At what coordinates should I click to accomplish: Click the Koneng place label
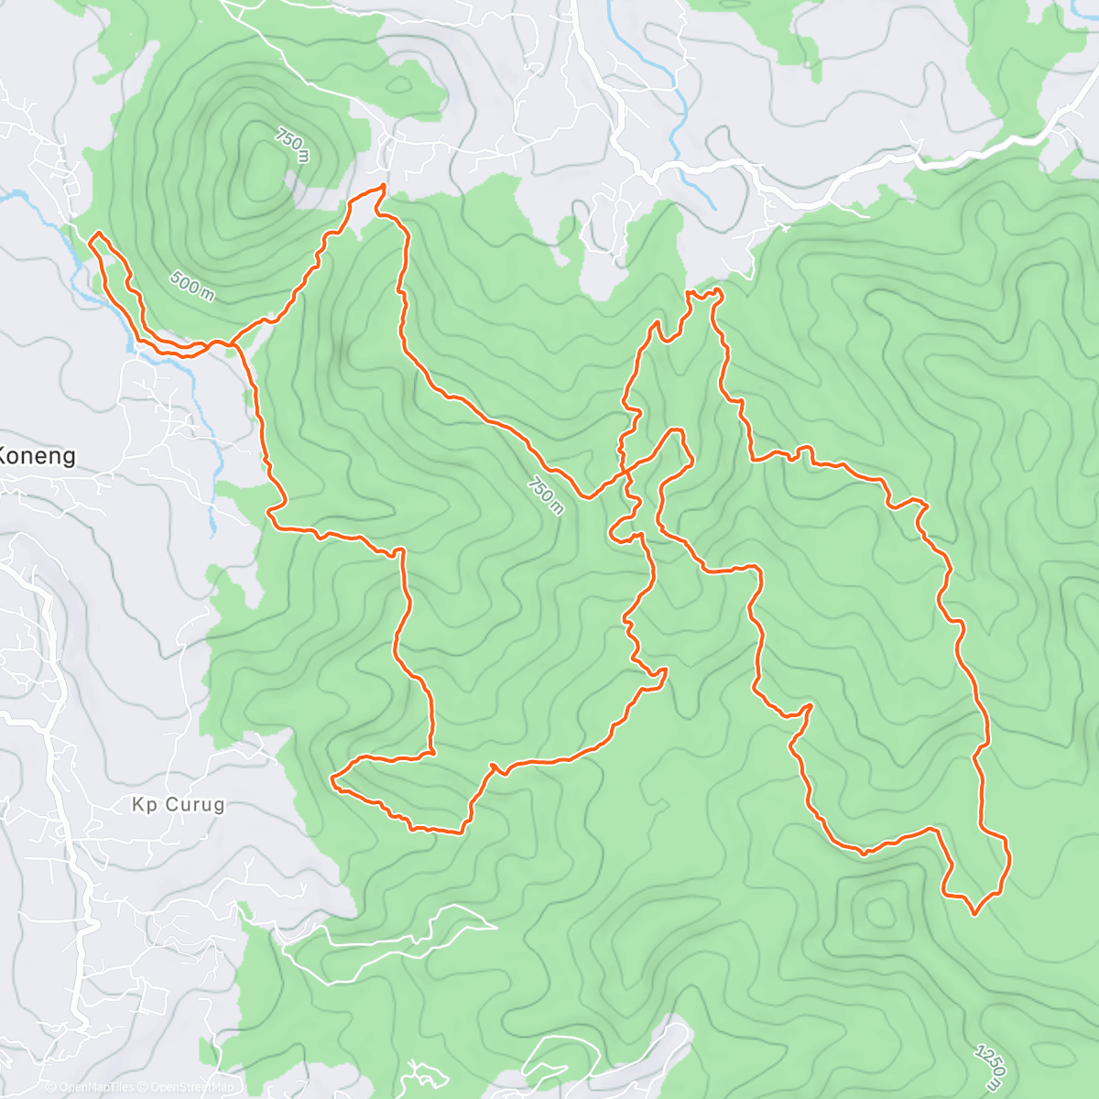click(x=37, y=455)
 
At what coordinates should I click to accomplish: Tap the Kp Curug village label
click(x=178, y=805)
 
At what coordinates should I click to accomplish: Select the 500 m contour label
click(x=192, y=286)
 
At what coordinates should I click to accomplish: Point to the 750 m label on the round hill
click(x=292, y=146)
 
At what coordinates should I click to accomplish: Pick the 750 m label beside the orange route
click(x=546, y=495)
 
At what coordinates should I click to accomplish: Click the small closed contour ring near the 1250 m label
click(x=880, y=911)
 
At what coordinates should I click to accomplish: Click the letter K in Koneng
click(x=5, y=455)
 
